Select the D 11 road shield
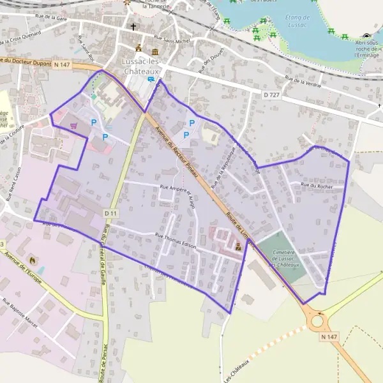click(110, 213)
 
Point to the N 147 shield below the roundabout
click(329, 336)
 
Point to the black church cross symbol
click(133, 27)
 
